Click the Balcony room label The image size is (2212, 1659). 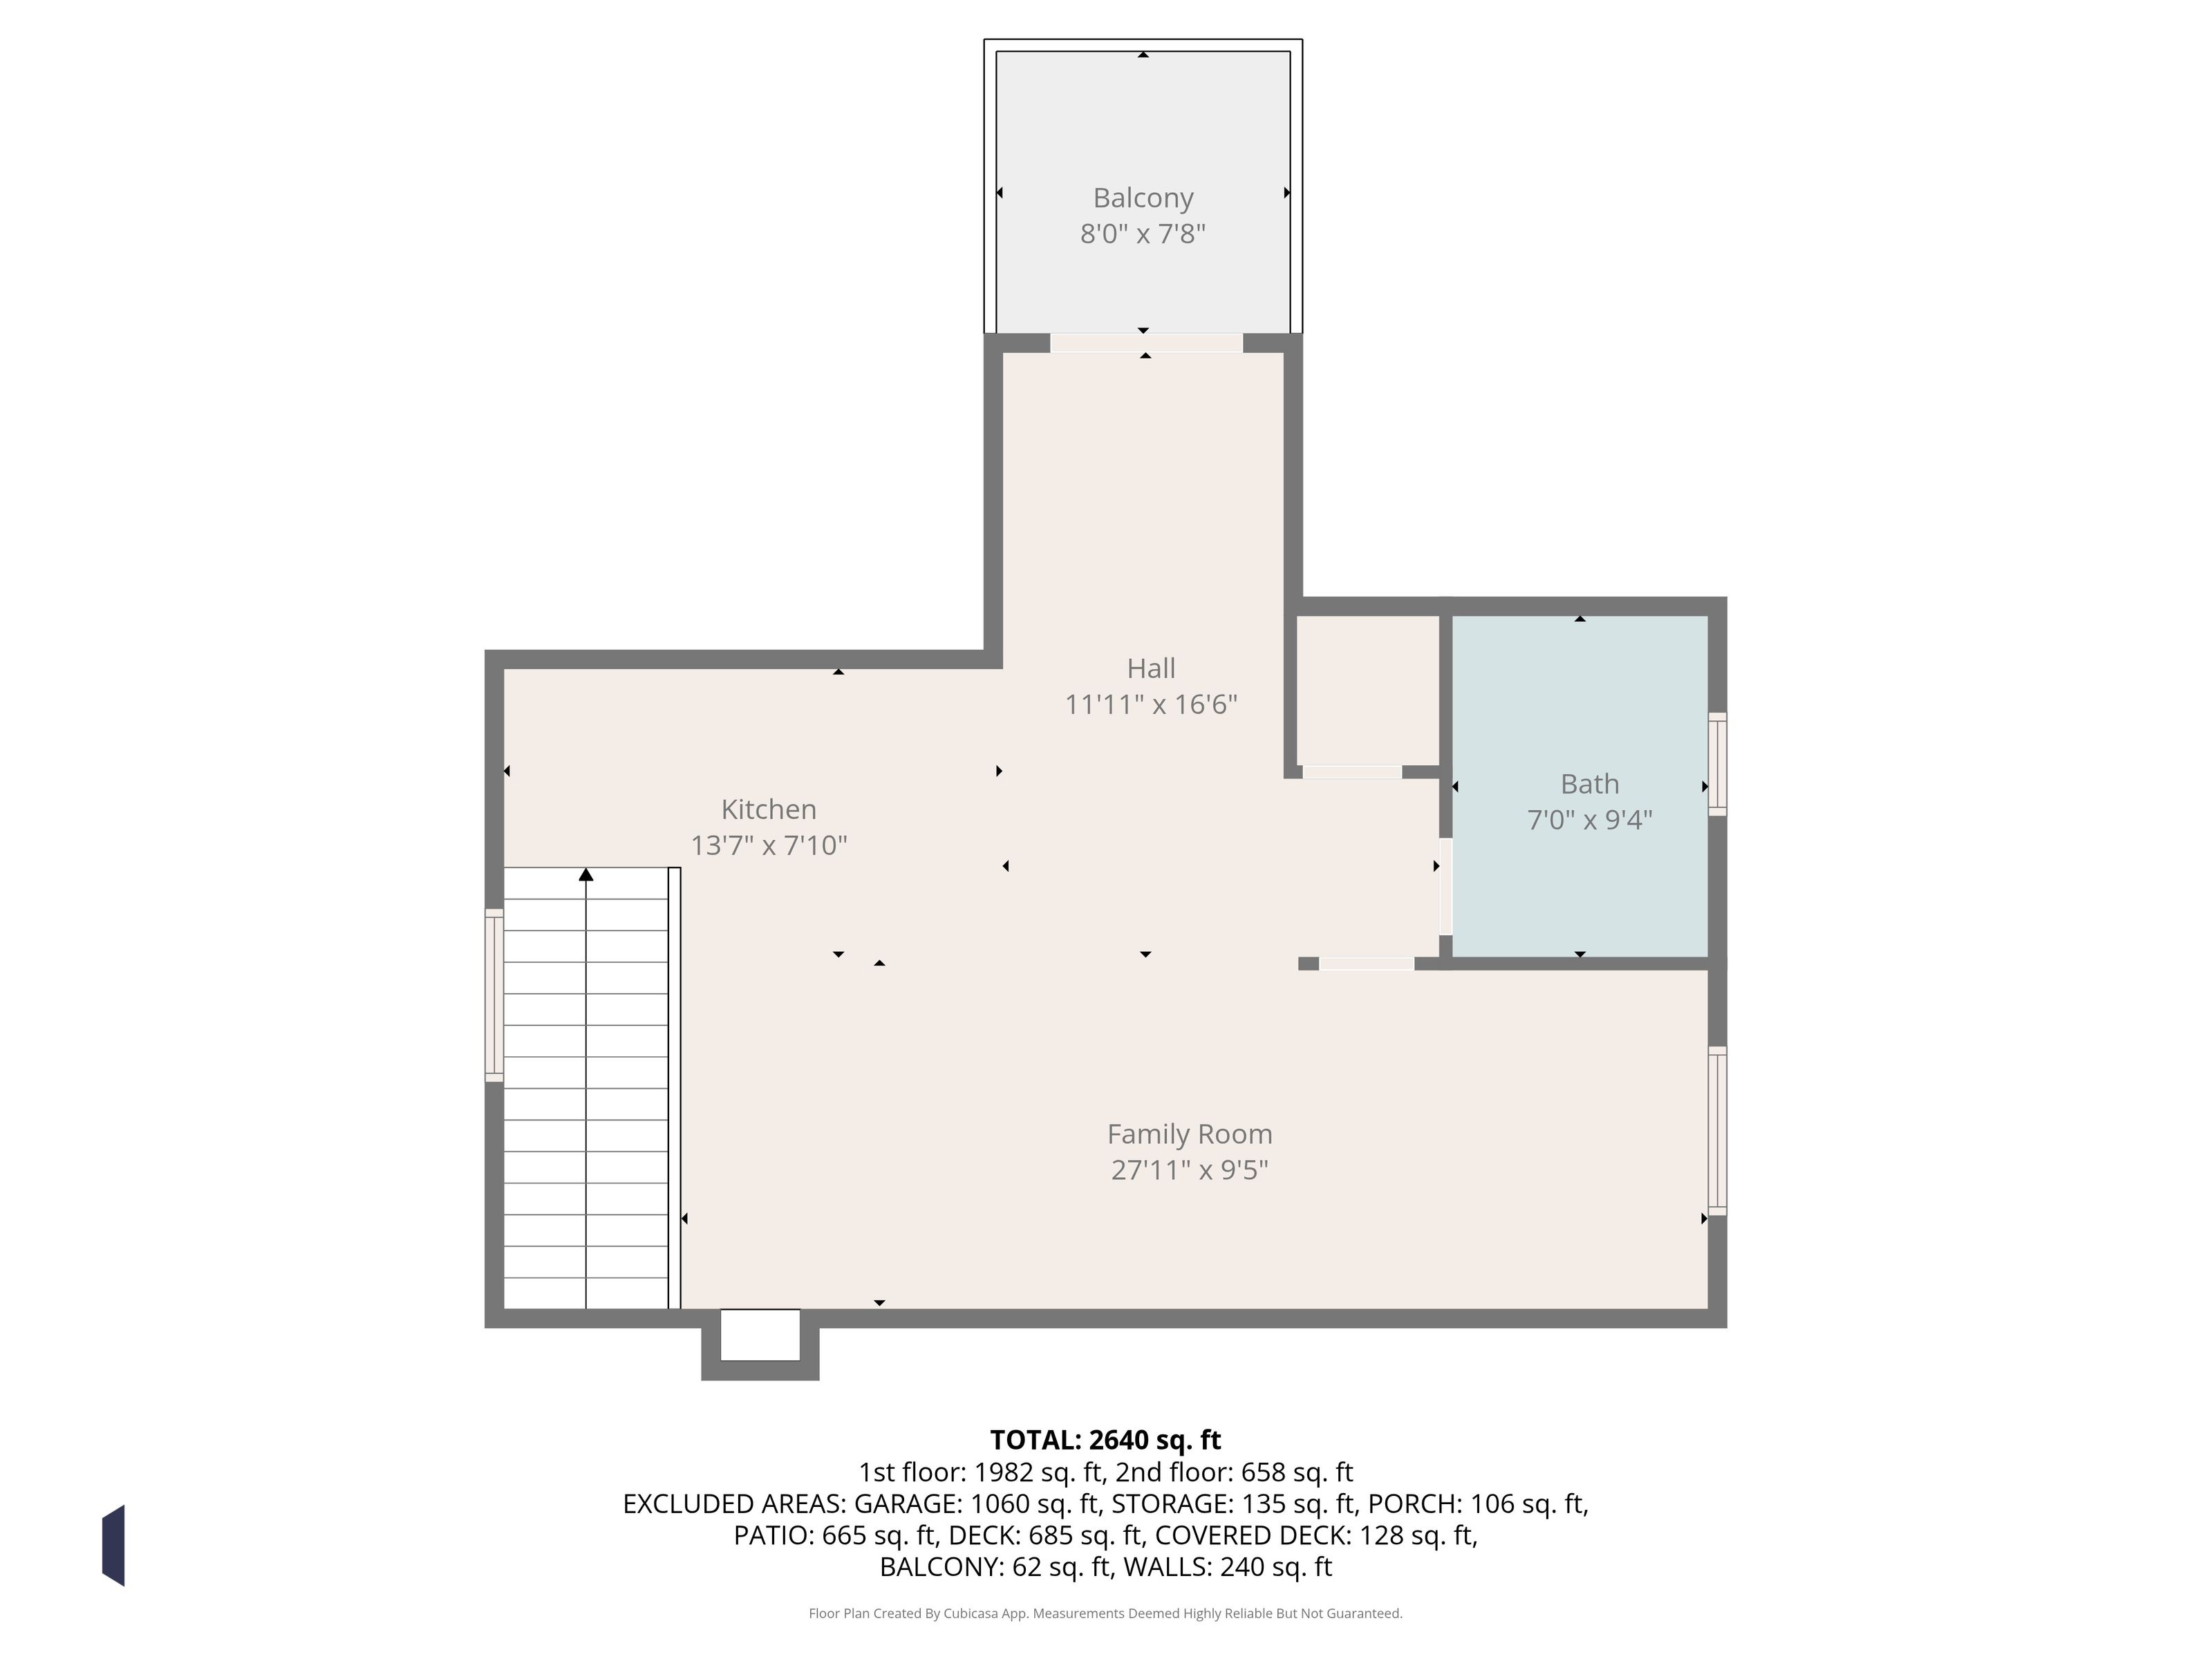(1143, 198)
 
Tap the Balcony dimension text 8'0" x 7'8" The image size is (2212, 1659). (1143, 234)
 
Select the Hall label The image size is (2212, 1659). (1151, 668)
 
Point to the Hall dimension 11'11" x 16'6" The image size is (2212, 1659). (1151, 704)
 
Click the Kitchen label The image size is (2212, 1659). (769, 809)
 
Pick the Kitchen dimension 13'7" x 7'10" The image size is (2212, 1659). (769, 845)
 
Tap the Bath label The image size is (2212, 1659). (1590, 784)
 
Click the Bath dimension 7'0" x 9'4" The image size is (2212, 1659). (1590, 820)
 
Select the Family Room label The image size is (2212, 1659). (1190, 1134)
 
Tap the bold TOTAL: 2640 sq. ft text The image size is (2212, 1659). (1105, 1440)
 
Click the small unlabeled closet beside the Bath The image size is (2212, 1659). (1367, 690)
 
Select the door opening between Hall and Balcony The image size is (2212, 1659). (1146, 343)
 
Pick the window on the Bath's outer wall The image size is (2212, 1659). (1717, 764)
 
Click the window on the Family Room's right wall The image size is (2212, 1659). (1717, 1131)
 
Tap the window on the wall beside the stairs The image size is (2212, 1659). (494, 995)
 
